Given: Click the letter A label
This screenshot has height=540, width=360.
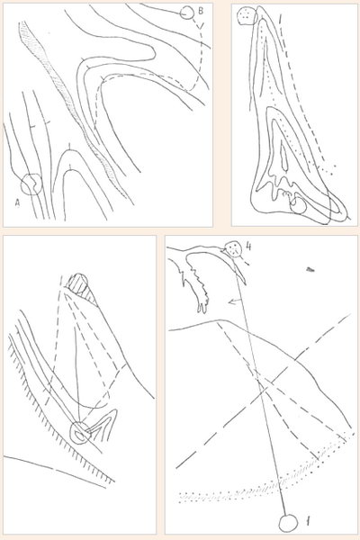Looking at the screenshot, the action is [x=17, y=203].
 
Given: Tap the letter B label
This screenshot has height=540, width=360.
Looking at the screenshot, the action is [x=201, y=11].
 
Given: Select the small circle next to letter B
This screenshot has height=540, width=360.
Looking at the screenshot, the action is [x=186, y=13].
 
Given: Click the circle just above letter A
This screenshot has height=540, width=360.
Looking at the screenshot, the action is [x=31, y=184].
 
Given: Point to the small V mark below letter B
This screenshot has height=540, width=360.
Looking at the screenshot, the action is [x=202, y=25].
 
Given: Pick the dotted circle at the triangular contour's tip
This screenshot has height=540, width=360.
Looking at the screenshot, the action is [x=247, y=16].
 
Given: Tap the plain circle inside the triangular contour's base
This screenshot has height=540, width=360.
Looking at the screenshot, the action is [x=298, y=205].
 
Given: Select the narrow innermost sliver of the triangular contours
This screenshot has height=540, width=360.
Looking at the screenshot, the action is [x=283, y=157].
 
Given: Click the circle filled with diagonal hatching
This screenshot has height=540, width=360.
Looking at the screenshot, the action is [x=78, y=283].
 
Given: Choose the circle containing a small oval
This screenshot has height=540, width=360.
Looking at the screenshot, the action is [x=81, y=433].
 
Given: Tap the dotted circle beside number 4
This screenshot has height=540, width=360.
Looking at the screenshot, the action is [x=233, y=248].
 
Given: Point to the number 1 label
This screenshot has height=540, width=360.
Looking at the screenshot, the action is [x=308, y=521].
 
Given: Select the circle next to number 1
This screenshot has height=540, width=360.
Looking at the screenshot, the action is [x=288, y=523].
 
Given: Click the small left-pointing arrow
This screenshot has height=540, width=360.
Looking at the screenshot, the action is [x=235, y=301].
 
